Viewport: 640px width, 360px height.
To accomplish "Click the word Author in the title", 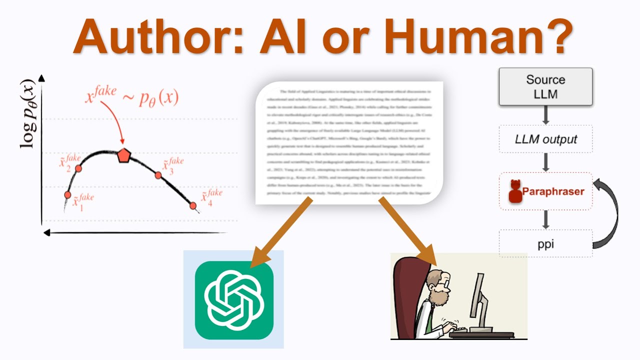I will click(150, 37).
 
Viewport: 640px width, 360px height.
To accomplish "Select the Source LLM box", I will click(545, 86).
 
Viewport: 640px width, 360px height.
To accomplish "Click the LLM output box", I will click(545, 139).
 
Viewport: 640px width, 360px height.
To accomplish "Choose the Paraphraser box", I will click(545, 191).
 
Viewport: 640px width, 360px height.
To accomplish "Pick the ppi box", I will click(545, 243).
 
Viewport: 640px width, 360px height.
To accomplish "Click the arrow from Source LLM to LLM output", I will click(545, 115).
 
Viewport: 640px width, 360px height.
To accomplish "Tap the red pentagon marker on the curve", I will click(123, 155).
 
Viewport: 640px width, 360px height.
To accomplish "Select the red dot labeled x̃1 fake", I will click(67, 194).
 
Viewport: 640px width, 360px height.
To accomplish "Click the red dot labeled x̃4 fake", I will click(193, 205).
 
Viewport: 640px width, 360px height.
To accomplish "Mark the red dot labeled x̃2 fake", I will click(78, 168).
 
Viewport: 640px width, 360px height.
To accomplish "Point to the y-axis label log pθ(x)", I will click(27, 114).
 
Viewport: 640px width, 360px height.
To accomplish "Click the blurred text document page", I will click(349, 142).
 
